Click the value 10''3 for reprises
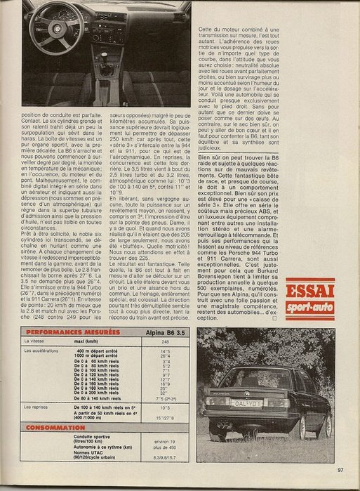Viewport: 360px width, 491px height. pyautogui.click(x=157, y=406)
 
